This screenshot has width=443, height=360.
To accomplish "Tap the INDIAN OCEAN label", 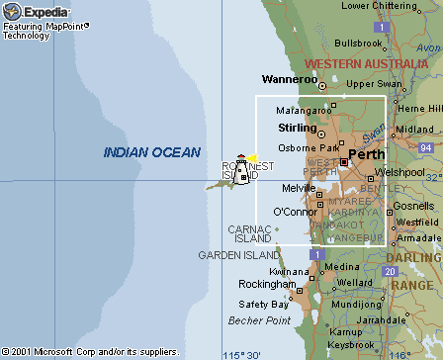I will tap(152, 152).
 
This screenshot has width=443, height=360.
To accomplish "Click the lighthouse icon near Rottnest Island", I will tap(239, 169).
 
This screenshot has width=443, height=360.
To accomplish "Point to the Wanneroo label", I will tap(289, 79).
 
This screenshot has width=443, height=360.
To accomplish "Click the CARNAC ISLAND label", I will tap(249, 233).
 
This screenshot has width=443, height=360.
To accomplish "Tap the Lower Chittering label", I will tap(382, 6).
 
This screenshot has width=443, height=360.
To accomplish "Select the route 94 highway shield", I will tap(425, 147).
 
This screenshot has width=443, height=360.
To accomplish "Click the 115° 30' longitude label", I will tap(242, 353).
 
